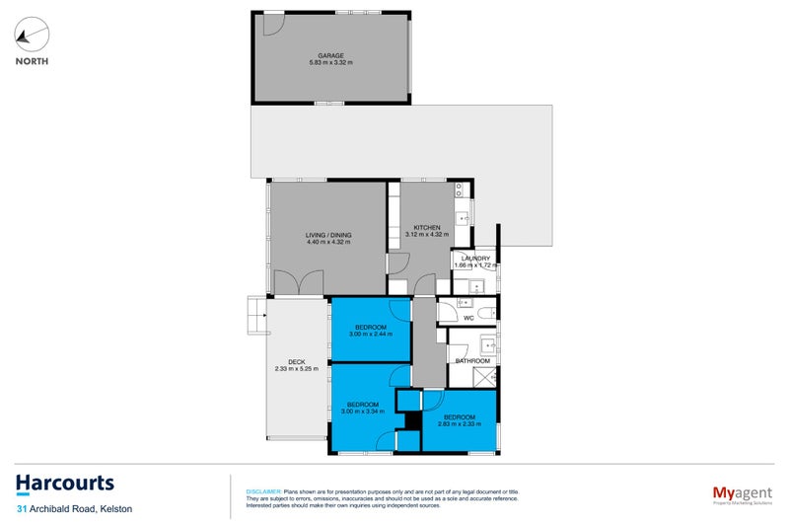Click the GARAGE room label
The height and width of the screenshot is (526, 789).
pyautogui.click(x=329, y=55)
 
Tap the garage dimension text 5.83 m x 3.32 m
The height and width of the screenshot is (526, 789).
pyautogui.click(x=329, y=63)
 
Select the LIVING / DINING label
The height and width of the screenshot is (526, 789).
pyautogui.click(x=328, y=235)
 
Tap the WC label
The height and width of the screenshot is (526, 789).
pyautogui.click(x=468, y=319)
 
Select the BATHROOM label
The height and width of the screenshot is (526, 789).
pyautogui.click(x=472, y=361)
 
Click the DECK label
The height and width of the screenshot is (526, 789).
pyautogui.click(x=296, y=362)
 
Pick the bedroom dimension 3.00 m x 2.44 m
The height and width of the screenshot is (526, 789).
pyautogui.click(x=369, y=334)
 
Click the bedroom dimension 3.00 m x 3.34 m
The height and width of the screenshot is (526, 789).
pyautogui.click(x=363, y=411)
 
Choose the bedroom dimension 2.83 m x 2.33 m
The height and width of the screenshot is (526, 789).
pyautogui.click(x=459, y=424)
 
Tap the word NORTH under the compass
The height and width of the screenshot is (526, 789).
pyautogui.click(x=32, y=61)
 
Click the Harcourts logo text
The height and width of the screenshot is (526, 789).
pyautogui.click(x=65, y=484)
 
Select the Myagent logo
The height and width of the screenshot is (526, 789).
pyautogui.click(x=741, y=492)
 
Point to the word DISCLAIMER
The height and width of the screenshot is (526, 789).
pyautogui.click(x=263, y=490)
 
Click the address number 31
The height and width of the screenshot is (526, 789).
pyautogui.click(x=21, y=509)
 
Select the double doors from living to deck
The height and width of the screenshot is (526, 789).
pyautogui.click(x=299, y=284)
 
